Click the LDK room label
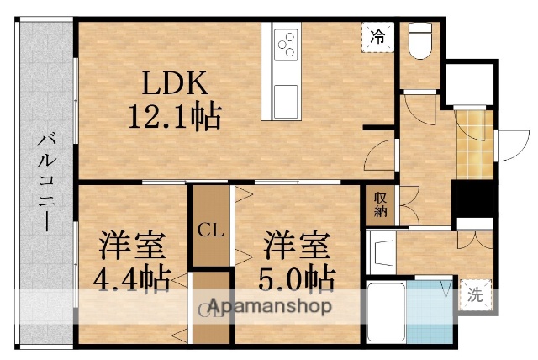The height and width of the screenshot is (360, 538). point(173,84)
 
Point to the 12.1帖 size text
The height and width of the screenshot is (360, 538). point(174,115)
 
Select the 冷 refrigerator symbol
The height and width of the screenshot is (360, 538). point(378,36)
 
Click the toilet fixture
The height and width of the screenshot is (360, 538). point(418,40)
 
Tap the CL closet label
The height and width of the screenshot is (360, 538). point(210,229)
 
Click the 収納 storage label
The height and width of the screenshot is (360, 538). point(380,204)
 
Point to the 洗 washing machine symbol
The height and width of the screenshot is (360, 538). point(476,295)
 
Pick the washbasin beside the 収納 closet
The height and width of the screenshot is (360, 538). point(382,251)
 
